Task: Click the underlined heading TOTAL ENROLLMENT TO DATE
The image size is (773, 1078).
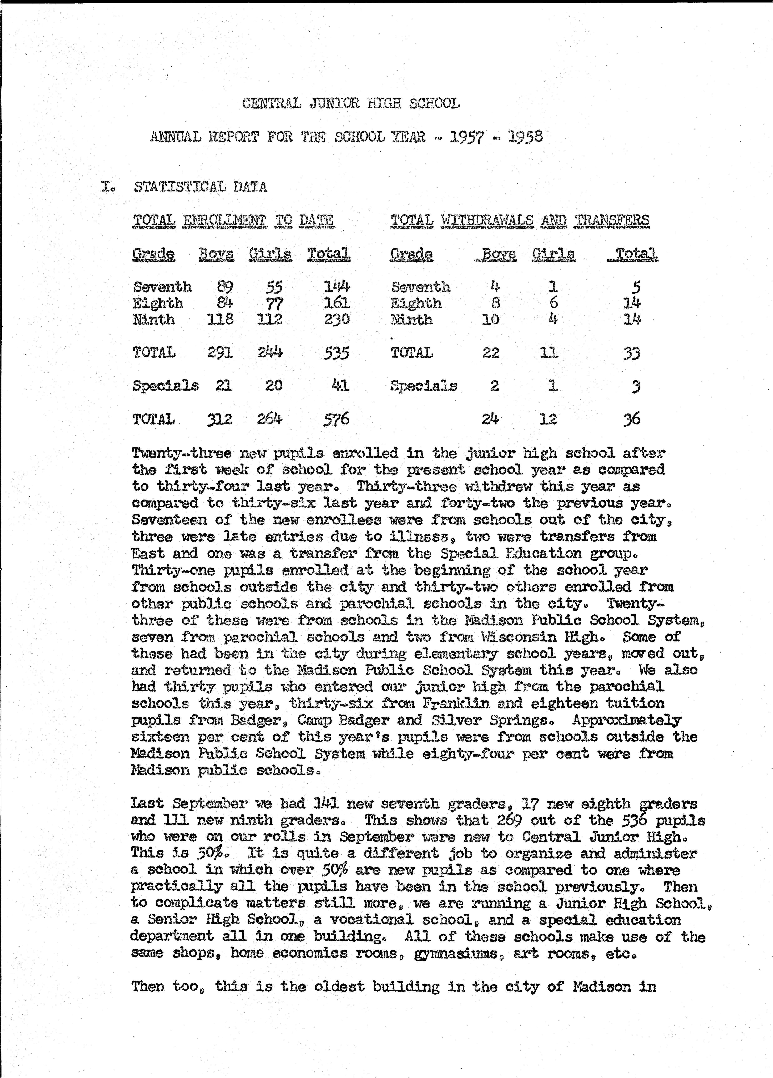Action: tap(233, 220)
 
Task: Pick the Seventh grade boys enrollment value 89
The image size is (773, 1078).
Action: tap(224, 287)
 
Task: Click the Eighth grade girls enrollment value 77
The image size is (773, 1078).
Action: tap(274, 303)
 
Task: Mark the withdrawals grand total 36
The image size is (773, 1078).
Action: tap(632, 419)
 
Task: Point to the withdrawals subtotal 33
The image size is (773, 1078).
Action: tap(632, 353)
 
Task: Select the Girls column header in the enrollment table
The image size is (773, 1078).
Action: tap(270, 254)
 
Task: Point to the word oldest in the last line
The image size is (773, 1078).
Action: tap(339, 986)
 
